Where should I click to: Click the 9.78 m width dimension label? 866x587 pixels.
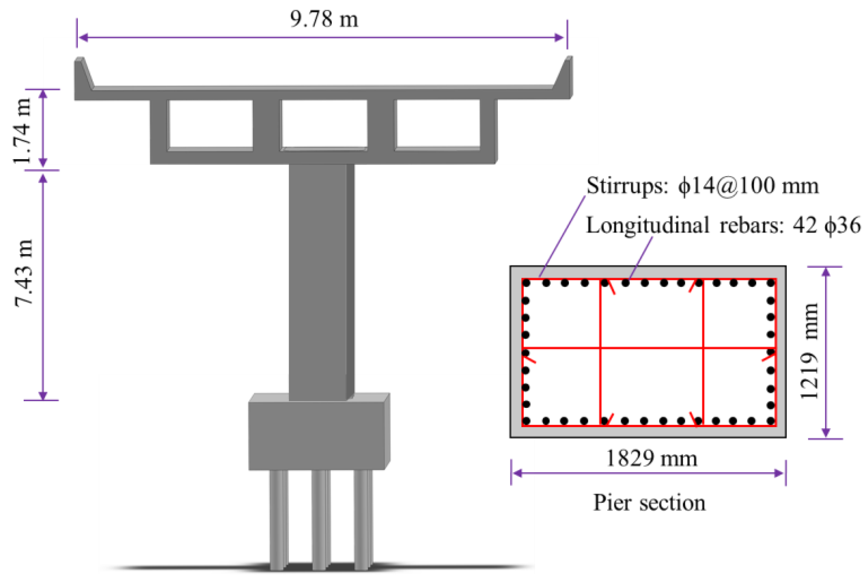tap(324, 19)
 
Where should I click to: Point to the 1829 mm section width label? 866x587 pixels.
tap(652, 459)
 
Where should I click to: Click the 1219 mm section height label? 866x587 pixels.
tap(809, 351)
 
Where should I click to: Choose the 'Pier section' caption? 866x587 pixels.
tap(649, 503)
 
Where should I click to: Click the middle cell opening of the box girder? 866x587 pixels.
tap(324, 123)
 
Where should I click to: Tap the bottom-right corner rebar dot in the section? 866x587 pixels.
tap(770, 421)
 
